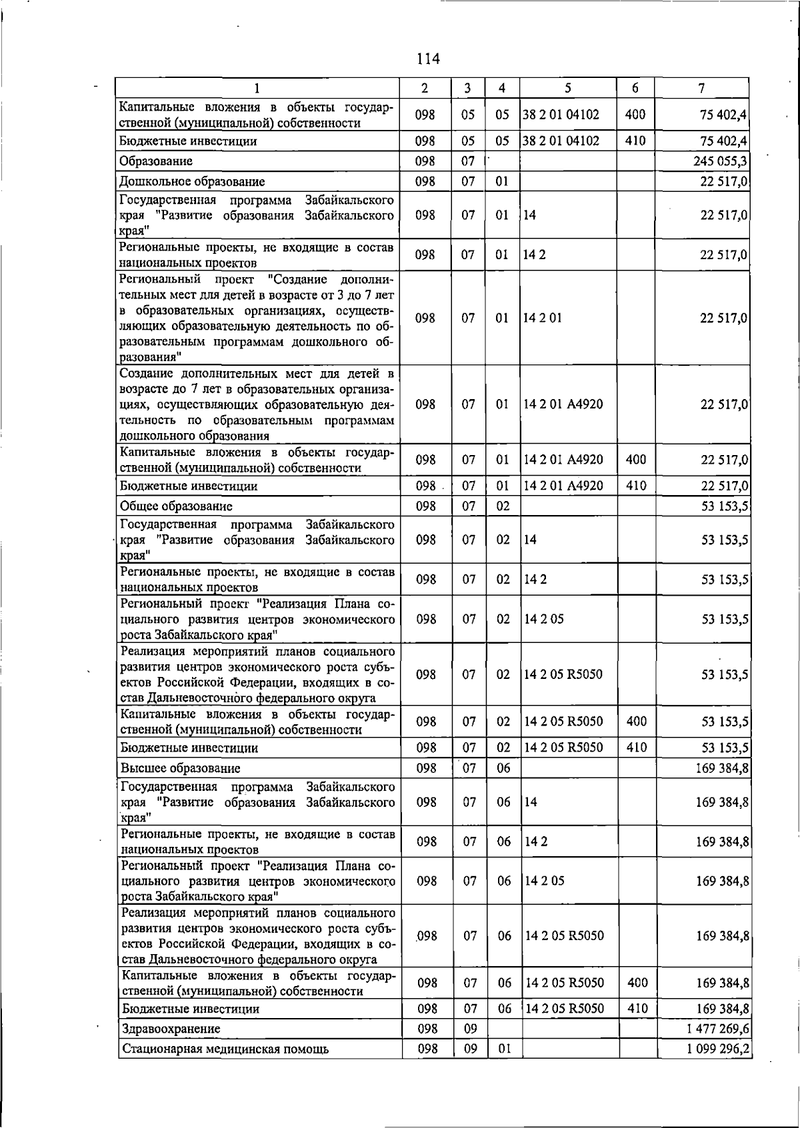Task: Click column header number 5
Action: pos(567,88)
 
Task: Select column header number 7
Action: pos(701,88)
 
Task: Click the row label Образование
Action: pos(156,161)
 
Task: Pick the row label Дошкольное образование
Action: pos(192,182)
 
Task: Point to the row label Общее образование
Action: pos(176,506)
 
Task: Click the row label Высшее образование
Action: pos(180,768)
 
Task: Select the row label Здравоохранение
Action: pos(171,1029)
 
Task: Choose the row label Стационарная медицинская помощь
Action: pos(225,1049)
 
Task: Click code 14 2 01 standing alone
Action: pos(543,318)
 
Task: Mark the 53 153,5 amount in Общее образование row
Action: pos(725,506)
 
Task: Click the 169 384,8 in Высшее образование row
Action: pos(722,768)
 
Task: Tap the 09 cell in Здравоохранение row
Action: pos(469,1029)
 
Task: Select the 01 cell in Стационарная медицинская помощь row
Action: pos(504,1049)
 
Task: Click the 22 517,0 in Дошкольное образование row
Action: pos(724,182)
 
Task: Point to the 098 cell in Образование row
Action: pos(425,161)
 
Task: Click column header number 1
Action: pos(257,88)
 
